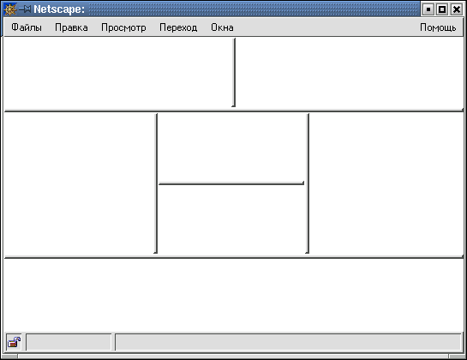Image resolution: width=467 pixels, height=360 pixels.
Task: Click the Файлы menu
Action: [27, 27]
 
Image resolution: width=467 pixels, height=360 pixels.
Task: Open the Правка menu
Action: [71, 27]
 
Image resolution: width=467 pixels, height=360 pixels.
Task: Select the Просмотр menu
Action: [123, 27]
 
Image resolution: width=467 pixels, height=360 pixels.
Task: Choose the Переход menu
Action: [178, 27]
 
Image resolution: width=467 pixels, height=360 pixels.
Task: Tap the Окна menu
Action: [222, 27]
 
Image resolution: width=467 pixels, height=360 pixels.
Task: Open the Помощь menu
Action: [438, 27]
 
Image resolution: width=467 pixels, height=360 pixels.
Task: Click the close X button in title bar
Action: [456, 9]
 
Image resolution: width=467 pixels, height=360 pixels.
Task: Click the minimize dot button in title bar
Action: [428, 9]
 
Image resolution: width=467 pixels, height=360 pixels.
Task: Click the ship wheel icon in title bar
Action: [9, 9]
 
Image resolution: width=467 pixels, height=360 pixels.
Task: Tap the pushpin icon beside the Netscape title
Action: [25, 9]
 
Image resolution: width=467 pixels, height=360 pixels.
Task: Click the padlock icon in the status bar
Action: [14, 342]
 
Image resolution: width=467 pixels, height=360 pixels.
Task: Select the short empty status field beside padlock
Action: [69, 342]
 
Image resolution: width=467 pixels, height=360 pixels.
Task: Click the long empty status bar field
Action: [288, 342]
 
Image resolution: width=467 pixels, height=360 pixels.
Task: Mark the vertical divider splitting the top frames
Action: [234, 72]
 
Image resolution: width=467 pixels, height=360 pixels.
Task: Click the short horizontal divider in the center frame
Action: [231, 183]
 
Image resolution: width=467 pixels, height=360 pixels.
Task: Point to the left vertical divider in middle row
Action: [156, 183]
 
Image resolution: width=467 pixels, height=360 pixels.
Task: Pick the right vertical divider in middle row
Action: [308, 183]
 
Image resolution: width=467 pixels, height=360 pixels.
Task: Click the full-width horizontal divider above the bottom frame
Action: [234, 256]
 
